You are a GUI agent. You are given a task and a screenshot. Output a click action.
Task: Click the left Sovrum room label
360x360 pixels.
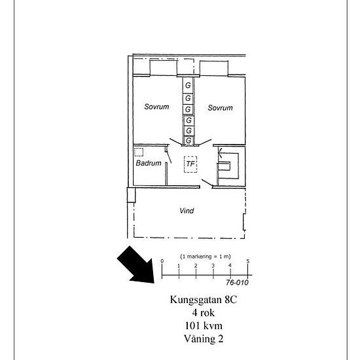pyautogui.click(x=156, y=107)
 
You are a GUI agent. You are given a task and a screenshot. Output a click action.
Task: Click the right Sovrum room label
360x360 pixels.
pyautogui.click(x=220, y=108)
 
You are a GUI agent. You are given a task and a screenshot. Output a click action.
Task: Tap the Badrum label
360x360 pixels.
pyautogui.click(x=149, y=163)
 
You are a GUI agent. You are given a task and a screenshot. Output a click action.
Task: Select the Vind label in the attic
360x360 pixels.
pyautogui.click(x=187, y=211)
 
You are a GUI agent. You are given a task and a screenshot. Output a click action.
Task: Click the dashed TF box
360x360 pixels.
pyautogui.click(x=190, y=164)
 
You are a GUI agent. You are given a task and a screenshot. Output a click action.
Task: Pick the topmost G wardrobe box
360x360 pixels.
pyautogui.click(x=188, y=85)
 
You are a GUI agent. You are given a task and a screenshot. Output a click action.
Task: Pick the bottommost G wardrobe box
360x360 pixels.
pyautogui.click(x=189, y=140)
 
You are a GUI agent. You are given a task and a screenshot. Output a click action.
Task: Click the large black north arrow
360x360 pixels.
pyautogui.click(x=137, y=266)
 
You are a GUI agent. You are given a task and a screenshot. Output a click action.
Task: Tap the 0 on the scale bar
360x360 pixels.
pyautogui.click(x=162, y=261)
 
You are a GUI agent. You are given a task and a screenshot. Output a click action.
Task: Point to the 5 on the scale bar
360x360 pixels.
pyautogui.click(x=248, y=261)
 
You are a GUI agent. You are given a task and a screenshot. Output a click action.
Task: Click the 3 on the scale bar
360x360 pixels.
pyautogui.click(x=213, y=266)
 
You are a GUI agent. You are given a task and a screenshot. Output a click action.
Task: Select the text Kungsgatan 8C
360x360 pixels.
pyautogui.click(x=204, y=300)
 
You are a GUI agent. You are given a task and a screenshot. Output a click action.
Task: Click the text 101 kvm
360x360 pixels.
pyautogui.click(x=204, y=326)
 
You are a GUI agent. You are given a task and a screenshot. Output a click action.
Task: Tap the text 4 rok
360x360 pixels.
pyautogui.click(x=204, y=313)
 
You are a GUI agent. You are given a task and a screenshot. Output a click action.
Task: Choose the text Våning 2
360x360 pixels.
pyautogui.click(x=204, y=339)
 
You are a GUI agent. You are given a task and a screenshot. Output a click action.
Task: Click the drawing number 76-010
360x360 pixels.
pyautogui.click(x=237, y=283)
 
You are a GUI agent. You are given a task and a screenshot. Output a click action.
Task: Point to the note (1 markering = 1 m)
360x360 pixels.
pyautogui.click(x=206, y=257)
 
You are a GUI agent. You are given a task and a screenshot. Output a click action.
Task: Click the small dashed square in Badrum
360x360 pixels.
pyautogui.click(x=139, y=153)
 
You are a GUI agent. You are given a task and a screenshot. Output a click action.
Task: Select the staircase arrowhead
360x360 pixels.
pyautogui.click(x=220, y=153)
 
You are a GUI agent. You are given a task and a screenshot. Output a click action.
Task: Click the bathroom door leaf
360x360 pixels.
pyautogui.click(x=170, y=157)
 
